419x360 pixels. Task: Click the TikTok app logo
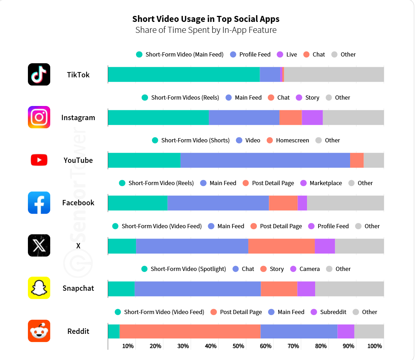(39, 75)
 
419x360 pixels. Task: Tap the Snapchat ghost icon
(39, 288)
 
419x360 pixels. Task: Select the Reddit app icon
(39, 331)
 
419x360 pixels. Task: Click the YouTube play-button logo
(39, 160)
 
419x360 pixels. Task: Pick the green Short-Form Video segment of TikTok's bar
(184, 75)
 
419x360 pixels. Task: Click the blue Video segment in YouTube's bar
(265, 160)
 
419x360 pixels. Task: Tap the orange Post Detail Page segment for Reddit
(190, 331)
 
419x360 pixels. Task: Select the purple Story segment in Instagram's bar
(312, 118)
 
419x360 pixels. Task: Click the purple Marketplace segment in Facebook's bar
(302, 203)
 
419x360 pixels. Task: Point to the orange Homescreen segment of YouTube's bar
(356, 160)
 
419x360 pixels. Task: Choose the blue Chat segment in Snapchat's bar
(197, 289)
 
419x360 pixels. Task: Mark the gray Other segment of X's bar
(359, 246)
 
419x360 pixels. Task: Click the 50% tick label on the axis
(238, 346)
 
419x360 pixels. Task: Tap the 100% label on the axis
(374, 346)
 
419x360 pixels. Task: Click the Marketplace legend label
(325, 183)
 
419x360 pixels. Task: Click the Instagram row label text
(78, 118)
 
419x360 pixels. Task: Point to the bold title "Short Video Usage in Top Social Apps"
(206, 19)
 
